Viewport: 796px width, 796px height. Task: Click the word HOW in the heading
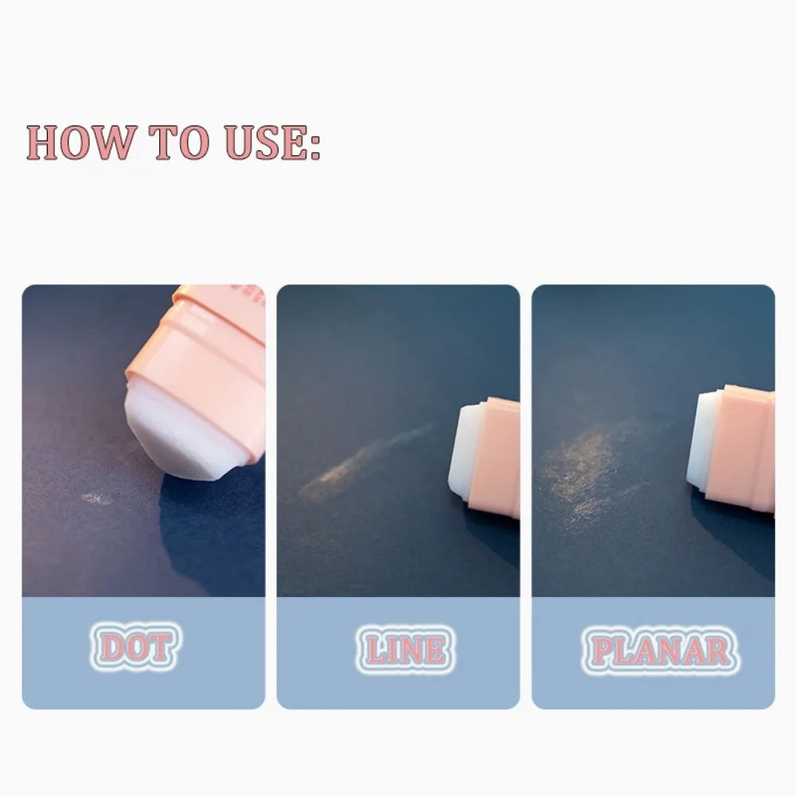coord(81,142)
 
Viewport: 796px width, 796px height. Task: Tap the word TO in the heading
coord(178,142)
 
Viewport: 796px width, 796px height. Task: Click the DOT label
coord(135,646)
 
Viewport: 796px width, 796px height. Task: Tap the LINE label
coord(406,650)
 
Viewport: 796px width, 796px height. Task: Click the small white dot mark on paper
coord(96,498)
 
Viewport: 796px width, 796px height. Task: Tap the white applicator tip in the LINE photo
coord(465,452)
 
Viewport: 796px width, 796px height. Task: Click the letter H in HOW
coord(43,142)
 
